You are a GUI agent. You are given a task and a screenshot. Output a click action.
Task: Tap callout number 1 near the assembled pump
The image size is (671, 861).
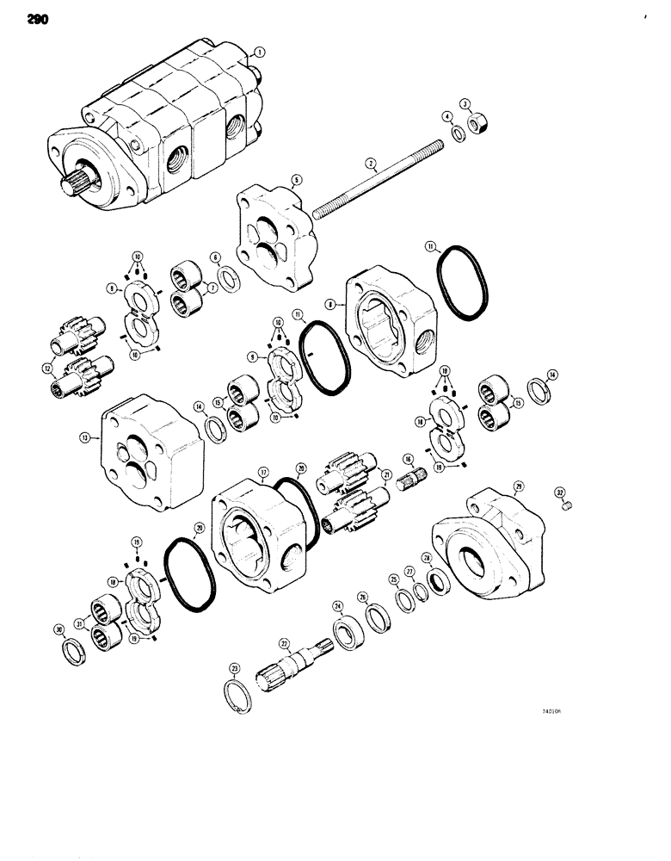tap(260, 52)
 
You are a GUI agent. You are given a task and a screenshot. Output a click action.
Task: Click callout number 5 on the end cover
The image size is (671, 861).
tap(296, 182)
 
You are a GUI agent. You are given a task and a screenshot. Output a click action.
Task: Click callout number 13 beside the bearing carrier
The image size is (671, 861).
tap(85, 437)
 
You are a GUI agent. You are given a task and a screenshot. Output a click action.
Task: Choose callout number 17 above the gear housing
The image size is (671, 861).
tap(262, 472)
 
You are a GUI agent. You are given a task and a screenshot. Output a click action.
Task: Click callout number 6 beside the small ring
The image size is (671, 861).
tap(214, 256)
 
